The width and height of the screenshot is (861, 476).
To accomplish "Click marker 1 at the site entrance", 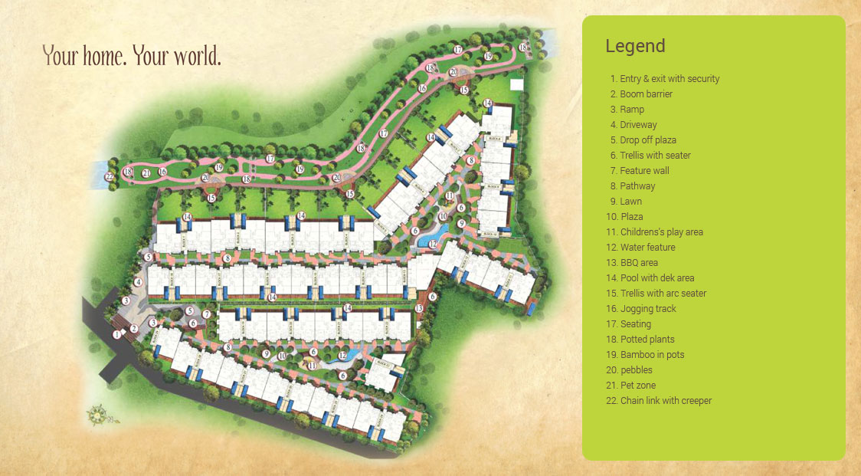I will pyautogui.click(x=117, y=334).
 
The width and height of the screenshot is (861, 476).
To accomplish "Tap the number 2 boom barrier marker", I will pyautogui.click(x=133, y=329).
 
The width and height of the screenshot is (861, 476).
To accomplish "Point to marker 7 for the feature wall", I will pyautogui.click(x=207, y=315).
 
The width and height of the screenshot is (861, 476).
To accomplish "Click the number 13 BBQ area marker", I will pyautogui.click(x=419, y=307).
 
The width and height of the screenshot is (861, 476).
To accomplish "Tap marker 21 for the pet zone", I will pyautogui.click(x=146, y=172).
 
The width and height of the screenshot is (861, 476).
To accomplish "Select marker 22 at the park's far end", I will pyautogui.click(x=110, y=176).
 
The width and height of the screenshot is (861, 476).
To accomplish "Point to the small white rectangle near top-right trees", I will pyautogui.click(x=516, y=84).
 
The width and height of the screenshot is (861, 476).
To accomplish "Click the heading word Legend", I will pyautogui.click(x=635, y=46).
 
